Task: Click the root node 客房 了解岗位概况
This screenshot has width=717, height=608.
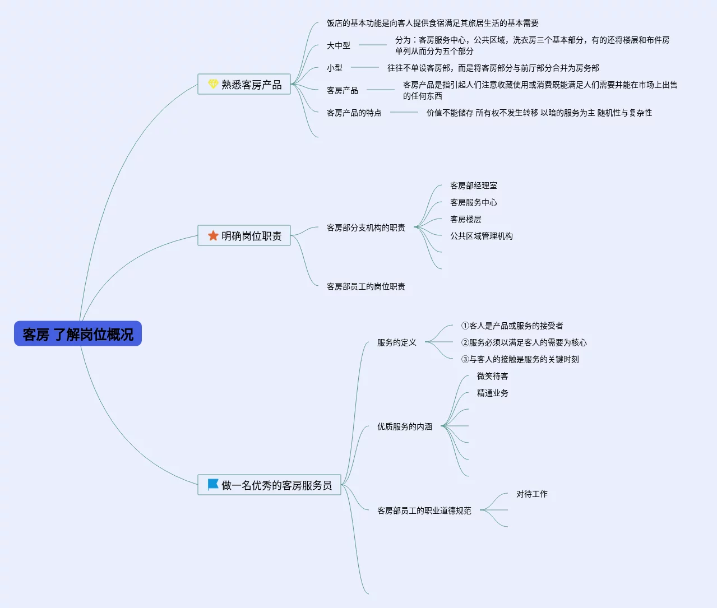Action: [78, 334]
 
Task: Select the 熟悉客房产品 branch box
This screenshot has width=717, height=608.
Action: [244, 84]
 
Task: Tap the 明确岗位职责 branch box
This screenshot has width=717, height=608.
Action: [244, 236]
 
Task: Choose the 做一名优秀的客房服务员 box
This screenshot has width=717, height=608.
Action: [269, 485]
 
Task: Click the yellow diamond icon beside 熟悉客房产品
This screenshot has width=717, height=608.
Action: [213, 83]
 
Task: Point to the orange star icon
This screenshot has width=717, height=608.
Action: [213, 235]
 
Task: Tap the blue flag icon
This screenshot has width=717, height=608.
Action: [213, 484]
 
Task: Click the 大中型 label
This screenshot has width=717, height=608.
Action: [339, 45]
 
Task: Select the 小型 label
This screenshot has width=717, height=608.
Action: [335, 68]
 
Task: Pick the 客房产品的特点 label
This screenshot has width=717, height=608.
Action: [354, 113]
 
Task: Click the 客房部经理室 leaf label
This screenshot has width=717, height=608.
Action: [474, 185]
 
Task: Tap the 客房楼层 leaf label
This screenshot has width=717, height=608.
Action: [466, 219]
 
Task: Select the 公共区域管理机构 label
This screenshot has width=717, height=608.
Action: [482, 236]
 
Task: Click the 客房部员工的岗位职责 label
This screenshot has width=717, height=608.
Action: [366, 286]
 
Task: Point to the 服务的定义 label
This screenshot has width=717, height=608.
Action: [397, 342]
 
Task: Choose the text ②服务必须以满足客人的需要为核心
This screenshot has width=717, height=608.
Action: [524, 342]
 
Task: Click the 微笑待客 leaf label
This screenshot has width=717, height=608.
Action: [493, 376]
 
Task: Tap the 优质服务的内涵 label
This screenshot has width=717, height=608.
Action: [405, 426]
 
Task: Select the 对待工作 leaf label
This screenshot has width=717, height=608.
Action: [532, 494]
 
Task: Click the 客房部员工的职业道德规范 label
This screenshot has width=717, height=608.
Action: [424, 510]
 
